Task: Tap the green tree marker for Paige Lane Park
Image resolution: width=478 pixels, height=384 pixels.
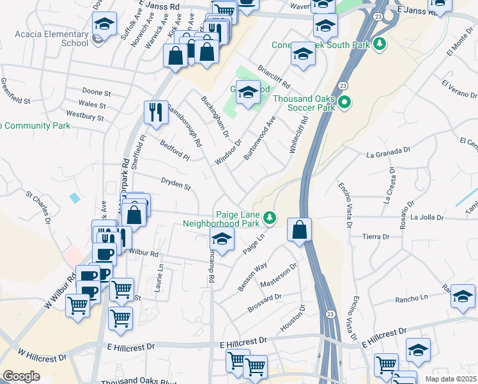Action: point(270,219)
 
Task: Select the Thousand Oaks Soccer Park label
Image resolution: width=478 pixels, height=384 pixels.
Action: point(304,103)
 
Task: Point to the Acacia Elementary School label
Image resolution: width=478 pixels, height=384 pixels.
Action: point(58,38)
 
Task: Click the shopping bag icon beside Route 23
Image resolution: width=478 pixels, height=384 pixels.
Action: point(299,229)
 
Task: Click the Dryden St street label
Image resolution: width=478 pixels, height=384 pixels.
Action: point(176,185)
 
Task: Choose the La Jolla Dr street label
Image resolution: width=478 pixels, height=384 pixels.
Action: point(427,218)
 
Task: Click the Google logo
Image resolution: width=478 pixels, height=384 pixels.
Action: point(21,376)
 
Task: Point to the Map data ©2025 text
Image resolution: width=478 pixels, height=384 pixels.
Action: point(451,380)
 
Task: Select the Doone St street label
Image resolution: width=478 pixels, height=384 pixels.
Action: point(96,93)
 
